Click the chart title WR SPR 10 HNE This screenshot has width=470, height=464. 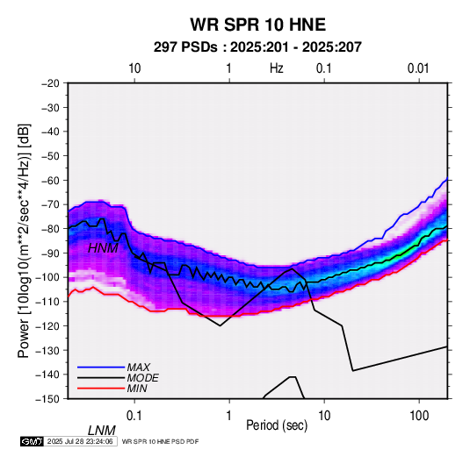(x=257, y=25)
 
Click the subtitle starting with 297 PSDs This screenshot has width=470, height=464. (x=257, y=47)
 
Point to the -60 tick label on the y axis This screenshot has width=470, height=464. (x=50, y=180)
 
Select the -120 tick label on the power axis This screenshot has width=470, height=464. (x=47, y=325)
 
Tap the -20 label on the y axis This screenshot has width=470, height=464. (x=50, y=83)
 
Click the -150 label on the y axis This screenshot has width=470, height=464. (x=47, y=399)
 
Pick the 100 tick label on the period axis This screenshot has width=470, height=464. (x=419, y=416)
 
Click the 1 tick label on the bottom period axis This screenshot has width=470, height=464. (x=229, y=416)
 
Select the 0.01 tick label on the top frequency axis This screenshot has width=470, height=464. (x=418, y=68)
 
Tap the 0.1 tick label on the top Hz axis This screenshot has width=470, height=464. (x=323, y=68)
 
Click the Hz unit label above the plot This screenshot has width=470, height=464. (x=277, y=68)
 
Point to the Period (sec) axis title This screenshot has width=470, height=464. (x=277, y=425)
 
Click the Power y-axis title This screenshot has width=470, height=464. (x=24, y=240)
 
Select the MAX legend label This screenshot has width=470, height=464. (x=138, y=368)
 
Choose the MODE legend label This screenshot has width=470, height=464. (x=142, y=378)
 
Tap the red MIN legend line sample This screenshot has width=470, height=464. (x=101, y=389)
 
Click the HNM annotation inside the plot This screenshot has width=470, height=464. (x=103, y=248)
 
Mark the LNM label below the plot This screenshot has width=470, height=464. (x=101, y=431)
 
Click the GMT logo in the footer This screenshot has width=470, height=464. (x=33, y=441)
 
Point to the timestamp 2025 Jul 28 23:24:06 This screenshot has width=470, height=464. (x=80, y=441)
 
